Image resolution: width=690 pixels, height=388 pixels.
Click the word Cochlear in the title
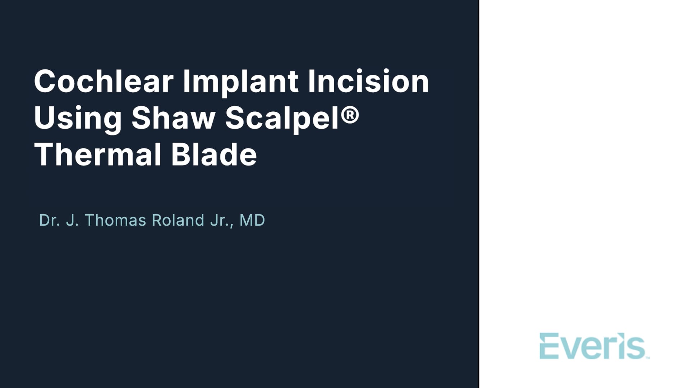point(104,81)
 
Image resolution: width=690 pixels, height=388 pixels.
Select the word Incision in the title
point(368,81)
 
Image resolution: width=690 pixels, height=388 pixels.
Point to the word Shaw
point(174,118)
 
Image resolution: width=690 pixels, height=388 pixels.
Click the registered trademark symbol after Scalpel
point(350,115)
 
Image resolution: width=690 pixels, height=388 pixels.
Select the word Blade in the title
point(214,154)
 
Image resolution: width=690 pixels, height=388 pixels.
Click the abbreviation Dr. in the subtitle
point(50,220)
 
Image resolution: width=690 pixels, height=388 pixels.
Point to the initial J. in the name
point(72,220)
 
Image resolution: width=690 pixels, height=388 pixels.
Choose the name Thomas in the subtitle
point(115,220)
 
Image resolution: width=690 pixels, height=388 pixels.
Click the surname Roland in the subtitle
point(178,220)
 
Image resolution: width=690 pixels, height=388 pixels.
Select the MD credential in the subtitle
point(252,220)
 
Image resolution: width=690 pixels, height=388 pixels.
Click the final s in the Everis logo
point(636,349)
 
